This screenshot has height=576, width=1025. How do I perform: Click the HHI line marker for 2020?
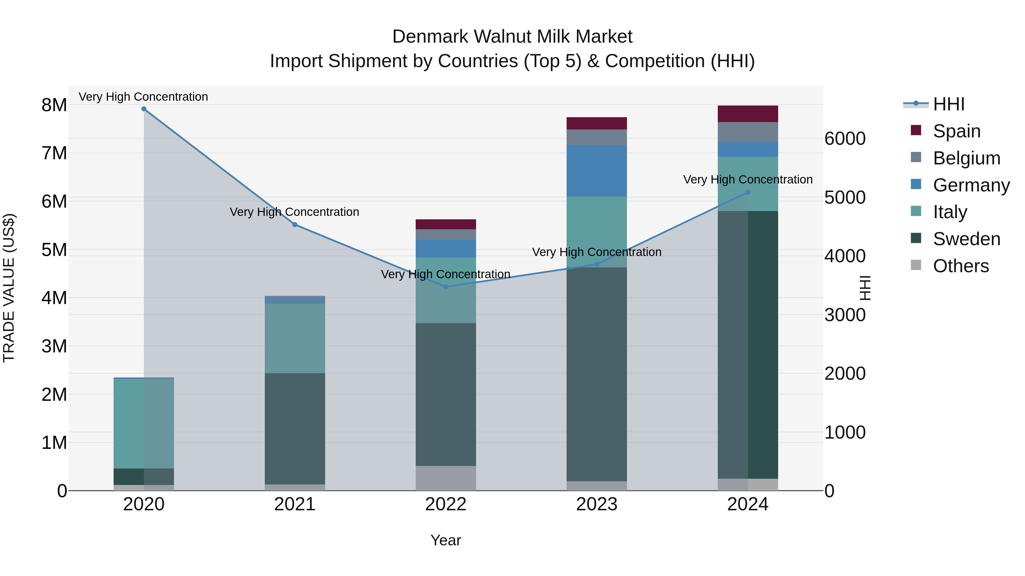pos(144,109)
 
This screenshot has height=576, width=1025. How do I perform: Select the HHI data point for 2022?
pos(446,287)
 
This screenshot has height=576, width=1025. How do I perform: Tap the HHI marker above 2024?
pos(748,192)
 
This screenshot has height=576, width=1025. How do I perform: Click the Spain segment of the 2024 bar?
pos(748,114)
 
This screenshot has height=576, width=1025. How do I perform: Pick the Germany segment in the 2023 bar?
pos(596,171)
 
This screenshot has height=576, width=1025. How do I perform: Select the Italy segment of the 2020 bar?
pos(144,423)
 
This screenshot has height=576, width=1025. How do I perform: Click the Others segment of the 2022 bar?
pos(446,478)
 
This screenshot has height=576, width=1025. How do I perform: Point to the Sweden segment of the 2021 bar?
pos(295,429)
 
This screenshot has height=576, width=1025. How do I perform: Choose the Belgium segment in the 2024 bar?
pos(748,132)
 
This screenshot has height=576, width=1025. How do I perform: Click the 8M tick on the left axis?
pos(54,105)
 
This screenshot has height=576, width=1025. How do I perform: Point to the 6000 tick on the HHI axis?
pos(844,139)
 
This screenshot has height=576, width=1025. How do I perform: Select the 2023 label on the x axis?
pos(596,504)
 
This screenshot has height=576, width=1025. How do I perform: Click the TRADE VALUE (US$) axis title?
pos(9,288)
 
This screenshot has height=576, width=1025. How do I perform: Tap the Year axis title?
pos(446,540)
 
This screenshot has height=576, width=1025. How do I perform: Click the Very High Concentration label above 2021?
pos(294,212)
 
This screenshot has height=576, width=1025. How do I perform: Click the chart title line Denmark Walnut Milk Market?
pos(512,37)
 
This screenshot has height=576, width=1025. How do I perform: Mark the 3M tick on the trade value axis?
pos(54,346)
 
